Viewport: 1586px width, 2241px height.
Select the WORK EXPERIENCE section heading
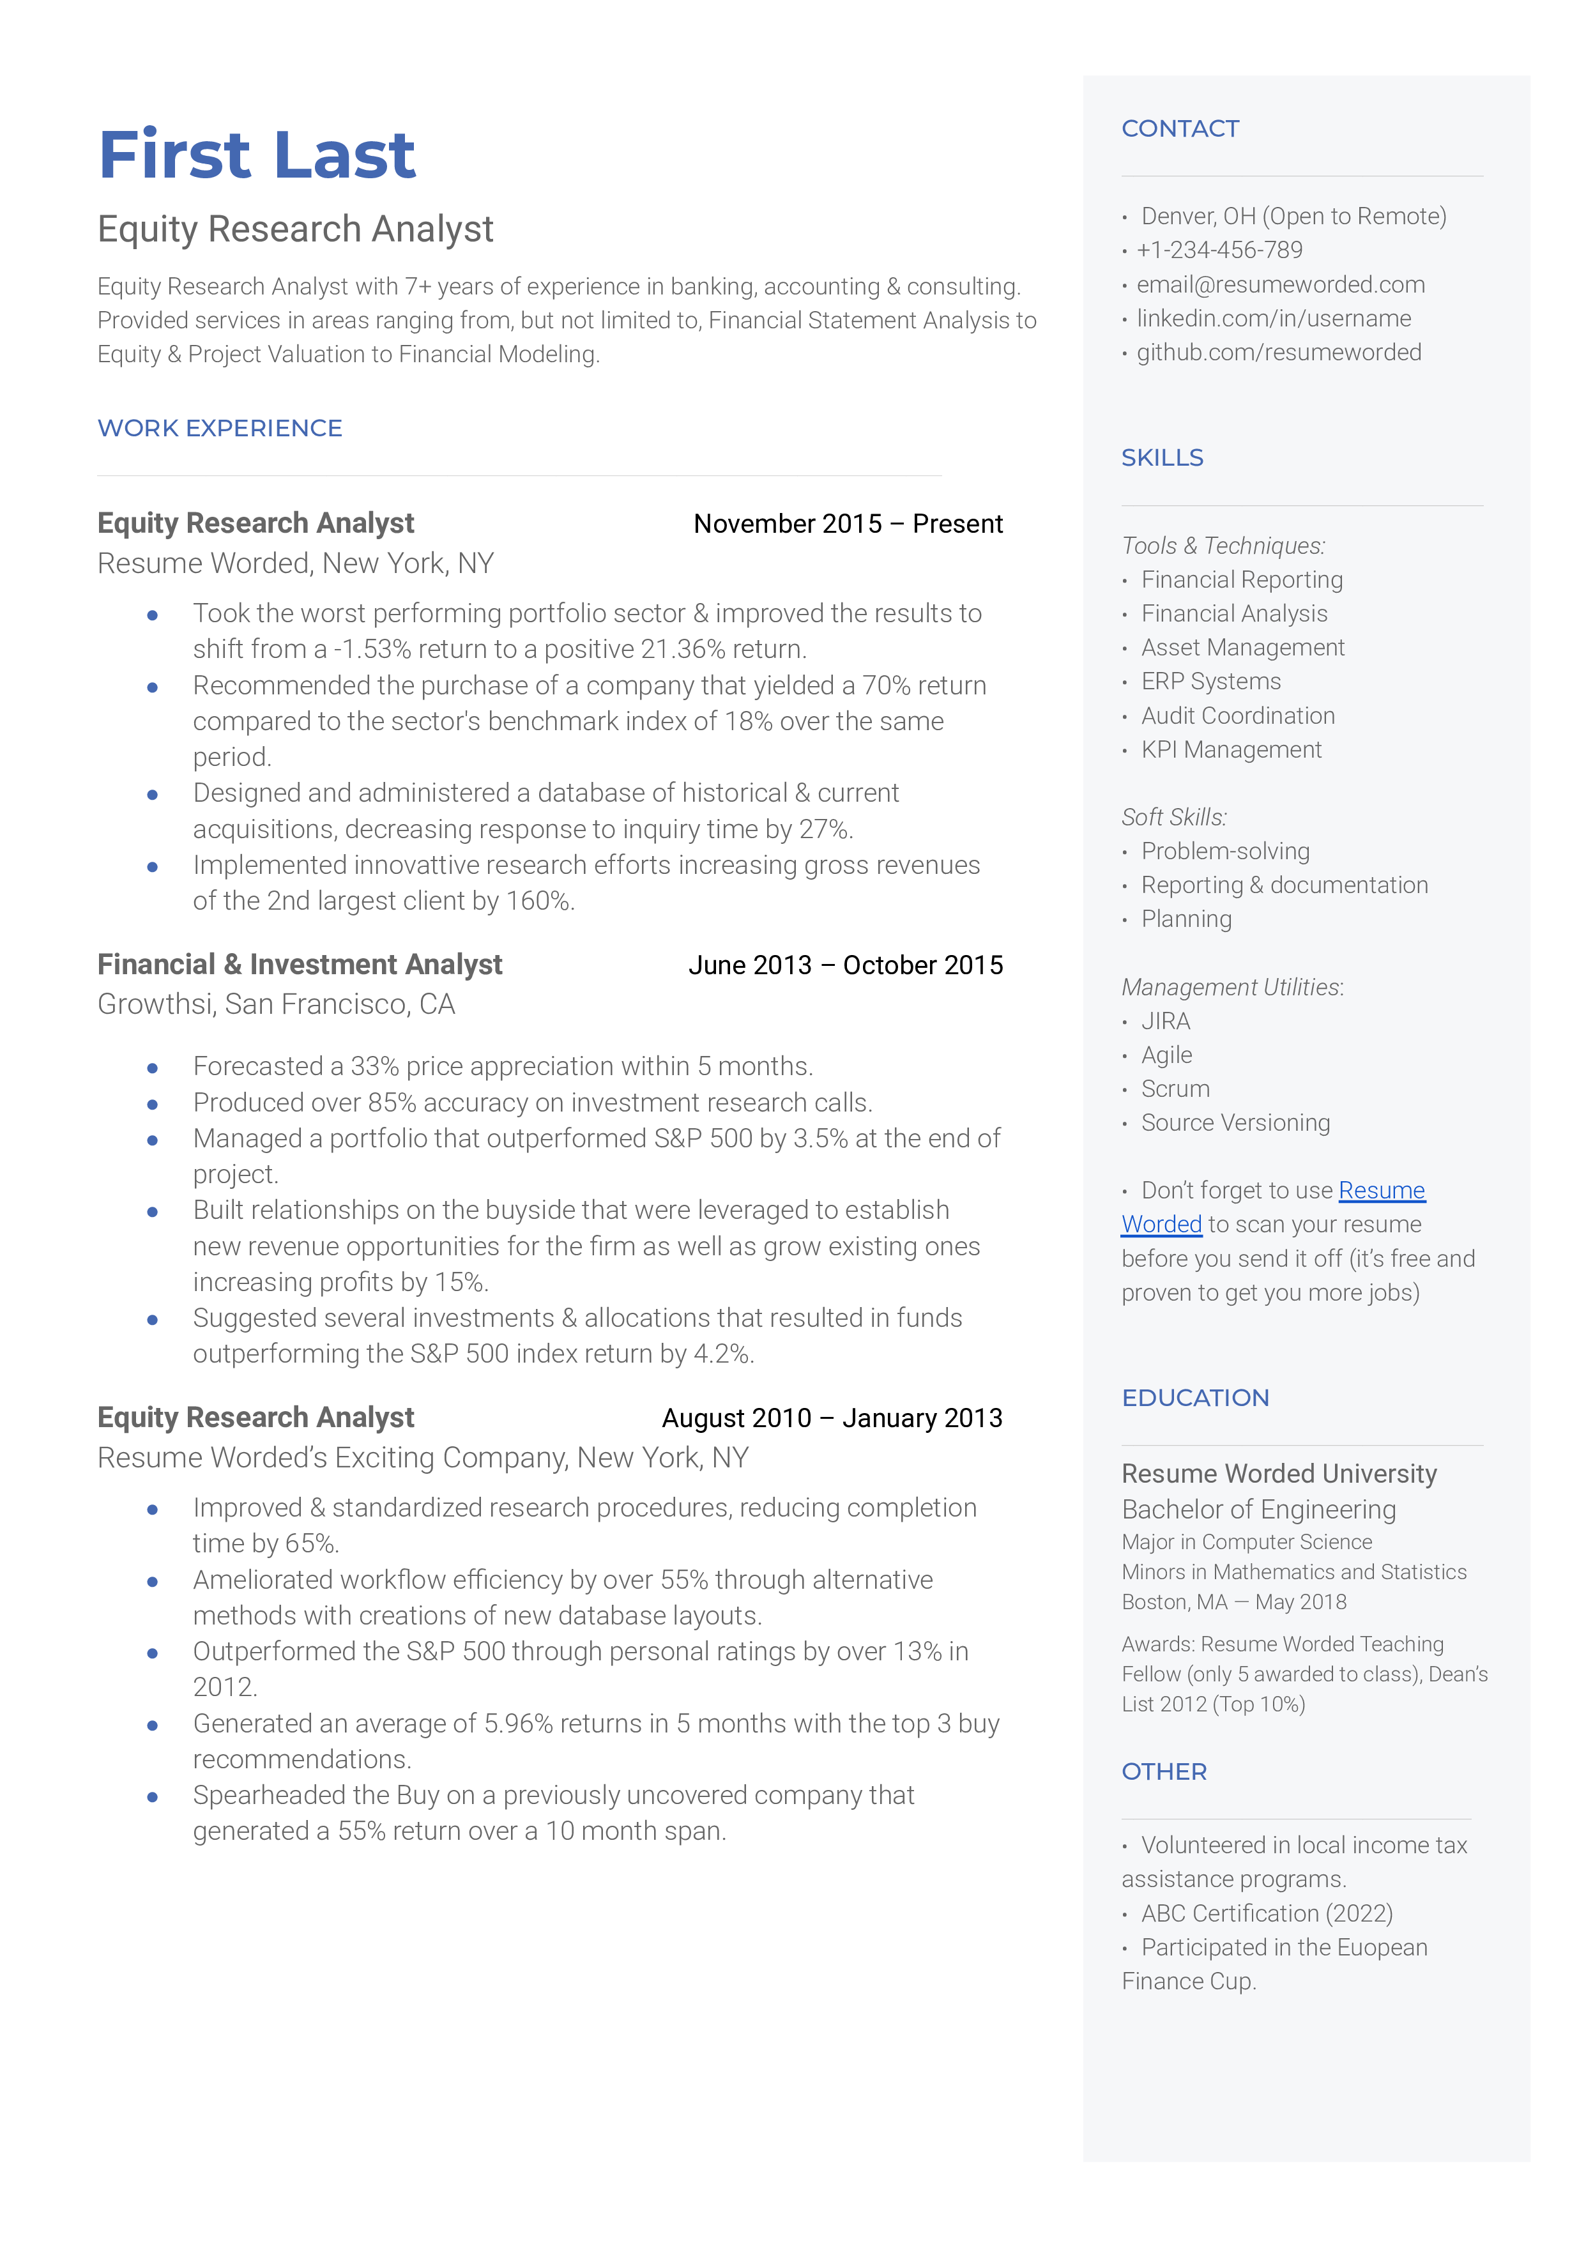click(220, 428)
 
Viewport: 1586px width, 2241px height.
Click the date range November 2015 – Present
click(848, 524)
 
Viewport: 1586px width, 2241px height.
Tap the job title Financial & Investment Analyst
click(300, 965)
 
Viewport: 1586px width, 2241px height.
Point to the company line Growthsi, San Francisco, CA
click(277, 1005)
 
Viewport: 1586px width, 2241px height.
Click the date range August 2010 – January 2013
click(832, 1418)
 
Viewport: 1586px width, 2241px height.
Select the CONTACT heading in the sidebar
click(1180, 129)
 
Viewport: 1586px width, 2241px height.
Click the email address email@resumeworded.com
click(1280, 284)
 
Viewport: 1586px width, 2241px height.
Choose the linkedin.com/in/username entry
click(1274, 318)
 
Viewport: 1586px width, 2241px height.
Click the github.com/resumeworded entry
click(1278, 353)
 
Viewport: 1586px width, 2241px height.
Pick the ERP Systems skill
click(1211, 682)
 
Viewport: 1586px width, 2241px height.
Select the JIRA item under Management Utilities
click(1166, 1021)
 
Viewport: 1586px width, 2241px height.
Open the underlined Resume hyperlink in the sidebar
click(1381, 1190)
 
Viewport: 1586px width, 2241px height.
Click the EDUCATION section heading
click(1195, 1398)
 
